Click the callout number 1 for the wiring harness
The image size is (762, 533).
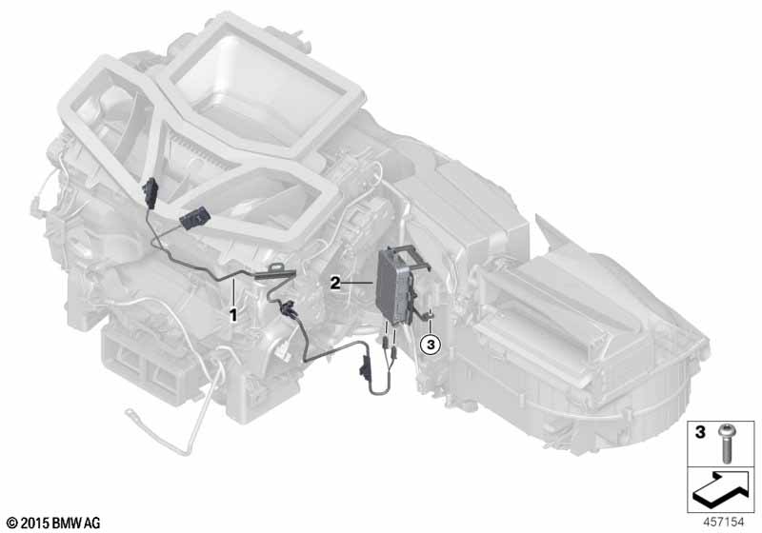(x=233, y=316)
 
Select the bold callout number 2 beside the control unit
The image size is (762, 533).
(x=335, y=283)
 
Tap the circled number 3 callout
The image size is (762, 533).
(x=431, y=345)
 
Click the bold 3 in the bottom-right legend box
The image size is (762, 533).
(x=700, y=431)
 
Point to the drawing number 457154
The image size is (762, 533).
(x=724, y=523)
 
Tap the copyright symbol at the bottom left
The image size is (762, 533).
(x=12, y=523)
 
